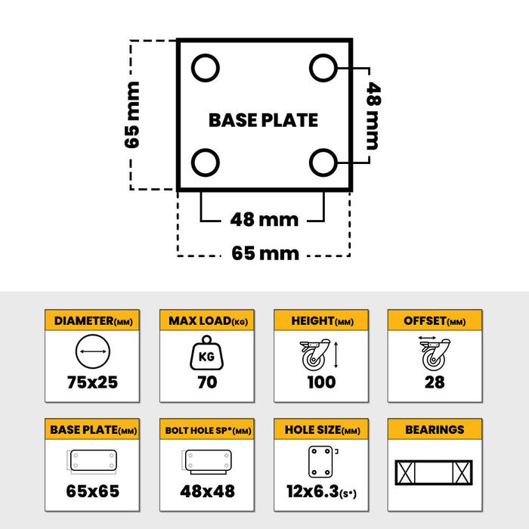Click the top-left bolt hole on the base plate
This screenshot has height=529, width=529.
point(206,68)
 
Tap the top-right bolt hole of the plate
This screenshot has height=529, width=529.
point(323,68)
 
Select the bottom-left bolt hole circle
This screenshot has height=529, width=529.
point(206,162)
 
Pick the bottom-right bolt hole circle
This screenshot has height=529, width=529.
point(323,162)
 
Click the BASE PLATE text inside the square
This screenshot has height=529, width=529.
point(263,120)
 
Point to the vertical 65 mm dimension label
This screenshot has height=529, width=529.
point(132,115)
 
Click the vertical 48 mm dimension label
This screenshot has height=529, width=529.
point(374,116)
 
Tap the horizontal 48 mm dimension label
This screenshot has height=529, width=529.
point(264,220)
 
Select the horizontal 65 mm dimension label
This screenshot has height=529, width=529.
point(265,253)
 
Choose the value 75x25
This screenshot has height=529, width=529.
point(92,382)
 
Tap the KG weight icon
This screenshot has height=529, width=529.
point(206,353)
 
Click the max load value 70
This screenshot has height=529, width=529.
point(207,382)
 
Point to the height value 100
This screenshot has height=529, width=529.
point(321,382)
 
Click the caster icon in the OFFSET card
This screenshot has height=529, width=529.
point(435,354)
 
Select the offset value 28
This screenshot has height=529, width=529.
point(435,382)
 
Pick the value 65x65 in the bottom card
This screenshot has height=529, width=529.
point(93,491)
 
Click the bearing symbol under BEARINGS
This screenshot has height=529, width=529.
point(434,472)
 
